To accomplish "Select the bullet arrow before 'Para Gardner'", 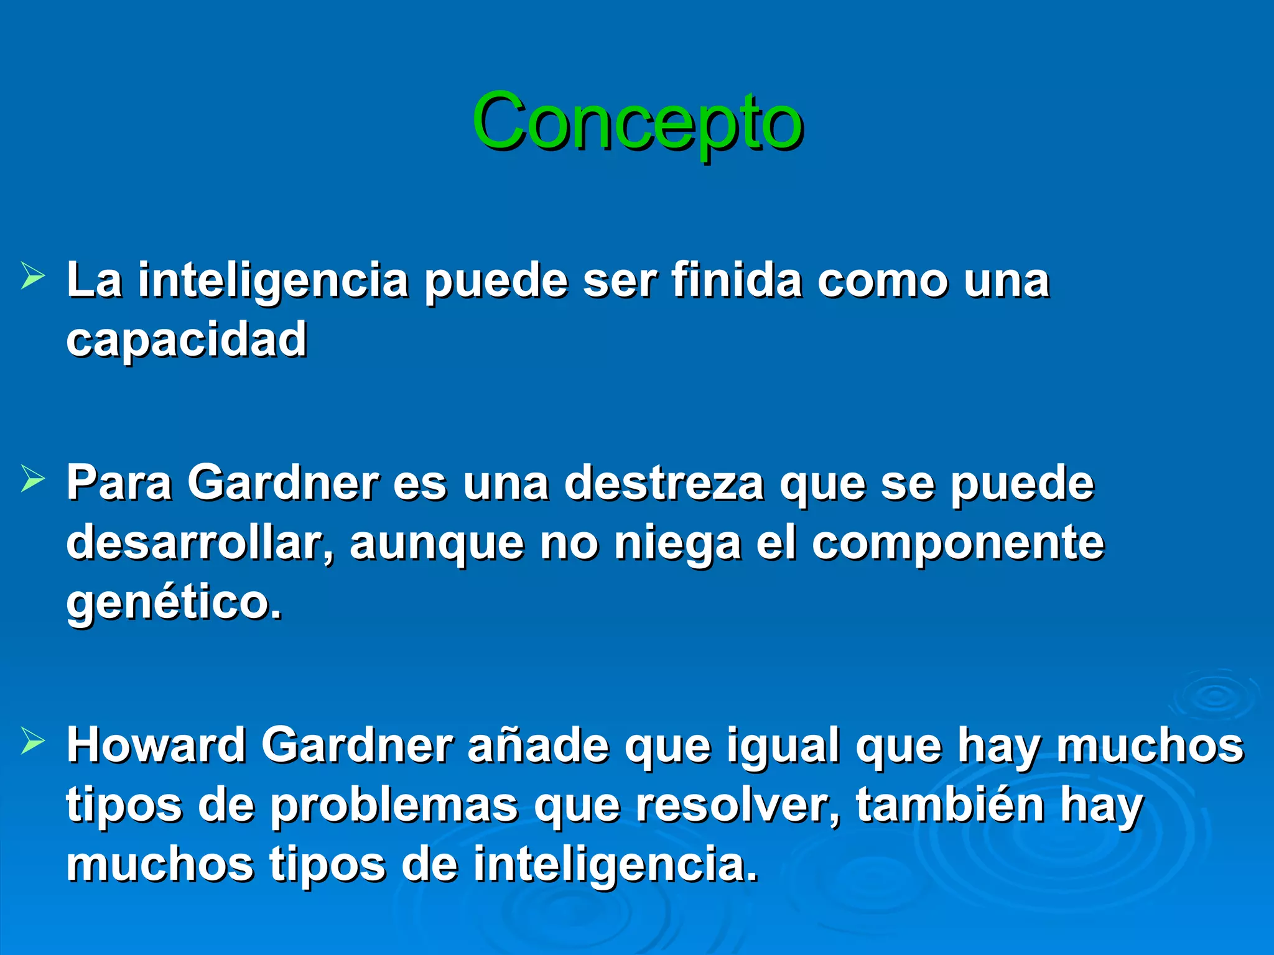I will tap(32, 479).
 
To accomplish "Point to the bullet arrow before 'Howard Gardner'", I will tap(32, 741).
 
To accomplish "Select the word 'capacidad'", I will tap(187, 340).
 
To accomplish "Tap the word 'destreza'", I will tap(664, 483).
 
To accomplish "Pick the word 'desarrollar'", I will tap(200, 543).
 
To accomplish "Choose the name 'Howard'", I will tap(156, 745).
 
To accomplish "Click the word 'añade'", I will tap(537, 745).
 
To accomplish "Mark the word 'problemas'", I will tap(394, 806).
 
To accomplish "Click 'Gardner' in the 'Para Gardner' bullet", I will tap(284, 483).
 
